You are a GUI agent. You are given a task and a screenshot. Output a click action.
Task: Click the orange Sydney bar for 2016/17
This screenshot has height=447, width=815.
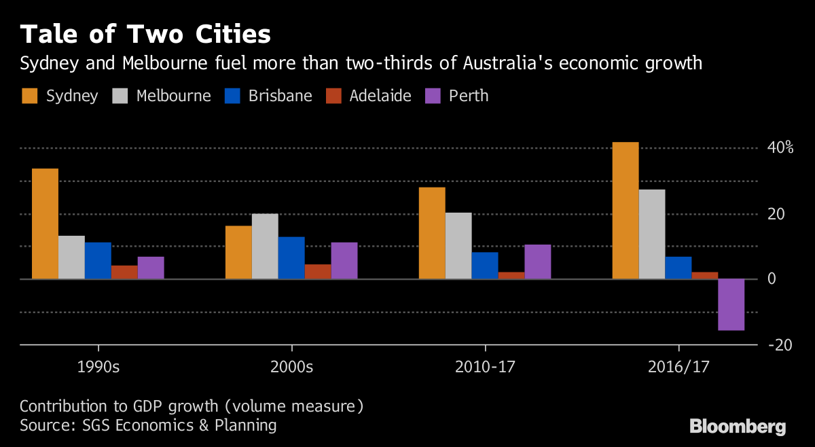pyautogui.click(x=626, y=211)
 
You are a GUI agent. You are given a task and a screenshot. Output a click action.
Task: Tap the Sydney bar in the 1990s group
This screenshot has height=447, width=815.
pyautogui.click(x=45, y=224)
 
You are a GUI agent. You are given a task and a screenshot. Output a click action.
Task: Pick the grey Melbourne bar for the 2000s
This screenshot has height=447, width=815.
pyautogui.click(x=265, y=246)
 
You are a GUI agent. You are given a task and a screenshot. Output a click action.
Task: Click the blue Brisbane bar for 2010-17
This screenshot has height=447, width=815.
pyautogui.click(x=485, y=266)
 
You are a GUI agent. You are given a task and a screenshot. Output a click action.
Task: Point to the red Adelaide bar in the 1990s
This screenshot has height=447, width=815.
pyautogui.click(x=124, y=272)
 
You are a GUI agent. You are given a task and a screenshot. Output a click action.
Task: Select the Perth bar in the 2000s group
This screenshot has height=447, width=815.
pyautogui.click(x=344, y=260)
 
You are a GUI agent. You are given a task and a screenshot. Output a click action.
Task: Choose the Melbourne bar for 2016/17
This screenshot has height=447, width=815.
pyautogui.click(x=652, y=234)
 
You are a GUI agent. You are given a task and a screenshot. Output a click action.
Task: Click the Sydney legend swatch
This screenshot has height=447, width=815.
pyautogui.click(x=29, y=96)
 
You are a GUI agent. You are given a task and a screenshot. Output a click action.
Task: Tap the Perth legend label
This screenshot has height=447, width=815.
pyautogui.click(x=469, y=96)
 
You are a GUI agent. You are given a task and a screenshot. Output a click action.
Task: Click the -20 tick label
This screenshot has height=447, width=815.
pyautogui.click(x=780, y=345)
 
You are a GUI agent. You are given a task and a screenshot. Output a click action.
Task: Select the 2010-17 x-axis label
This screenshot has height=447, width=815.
pyautogui.click(x=486, y=368)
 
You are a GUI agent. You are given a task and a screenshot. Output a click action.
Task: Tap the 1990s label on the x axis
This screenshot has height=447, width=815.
pyautogui.click(x=98, y=368)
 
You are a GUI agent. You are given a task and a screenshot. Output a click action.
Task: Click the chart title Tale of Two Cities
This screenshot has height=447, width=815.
pyautogui.click(x=145, y=34)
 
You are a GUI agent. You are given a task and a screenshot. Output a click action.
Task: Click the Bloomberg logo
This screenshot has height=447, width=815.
pyautogui.click(x=738, y=427)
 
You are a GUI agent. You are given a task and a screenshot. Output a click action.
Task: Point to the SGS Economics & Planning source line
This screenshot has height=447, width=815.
pyautogui.click(x=148, y=425)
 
